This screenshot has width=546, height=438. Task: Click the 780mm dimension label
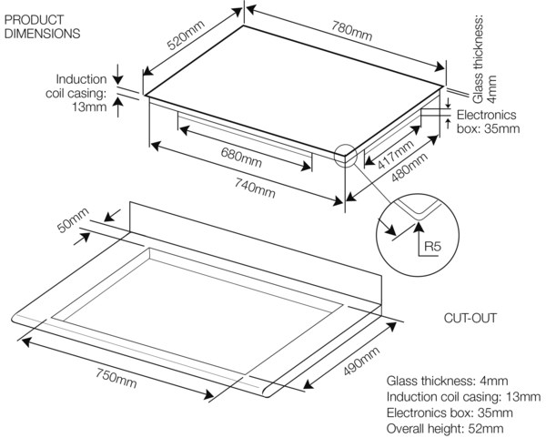351,31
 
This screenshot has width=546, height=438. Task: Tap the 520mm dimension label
186,36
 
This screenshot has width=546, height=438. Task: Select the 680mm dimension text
241,157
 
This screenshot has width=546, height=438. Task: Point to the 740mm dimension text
255,188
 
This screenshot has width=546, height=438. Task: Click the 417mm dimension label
396,155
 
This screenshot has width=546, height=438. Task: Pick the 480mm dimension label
409,168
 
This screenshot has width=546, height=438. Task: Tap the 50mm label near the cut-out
73,220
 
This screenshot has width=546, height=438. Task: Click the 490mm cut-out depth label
361,362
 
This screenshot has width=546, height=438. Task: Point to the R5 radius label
433,247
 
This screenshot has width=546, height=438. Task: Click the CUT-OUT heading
470,318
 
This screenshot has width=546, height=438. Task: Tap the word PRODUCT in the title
34,19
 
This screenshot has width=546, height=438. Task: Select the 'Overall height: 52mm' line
445,429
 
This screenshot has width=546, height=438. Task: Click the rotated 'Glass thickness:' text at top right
478,59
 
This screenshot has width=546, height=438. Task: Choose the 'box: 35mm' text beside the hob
488,128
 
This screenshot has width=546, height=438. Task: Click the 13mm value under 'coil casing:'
89,107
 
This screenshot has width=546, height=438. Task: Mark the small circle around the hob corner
346,156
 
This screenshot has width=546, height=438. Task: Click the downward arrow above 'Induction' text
118,75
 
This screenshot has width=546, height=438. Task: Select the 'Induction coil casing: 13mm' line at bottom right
463,396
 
